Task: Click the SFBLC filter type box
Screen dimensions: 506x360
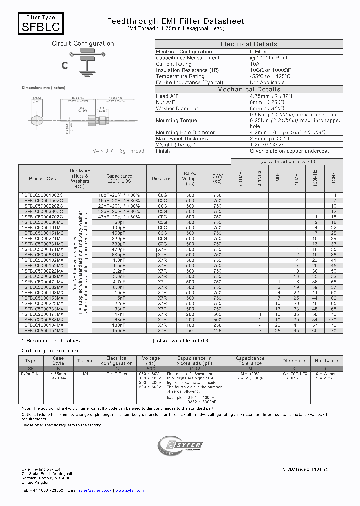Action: [41, 23]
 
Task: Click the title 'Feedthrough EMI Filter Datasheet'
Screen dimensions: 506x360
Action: [176, 21]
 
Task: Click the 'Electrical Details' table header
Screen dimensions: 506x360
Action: [249, 44]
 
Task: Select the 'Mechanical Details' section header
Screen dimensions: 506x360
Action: [249, 89]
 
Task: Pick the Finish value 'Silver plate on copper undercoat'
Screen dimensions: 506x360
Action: [289, 151]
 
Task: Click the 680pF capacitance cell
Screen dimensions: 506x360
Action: [119, 255]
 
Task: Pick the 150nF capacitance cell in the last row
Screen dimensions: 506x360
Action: [119, 331]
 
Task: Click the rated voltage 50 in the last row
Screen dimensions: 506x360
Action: [190, 331]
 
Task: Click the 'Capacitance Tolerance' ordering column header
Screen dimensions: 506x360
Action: [250, 361]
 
